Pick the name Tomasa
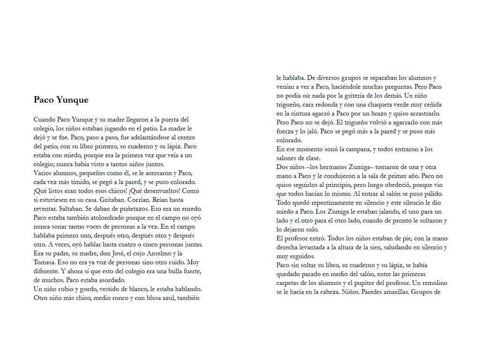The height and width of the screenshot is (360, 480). click(46, 262)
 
